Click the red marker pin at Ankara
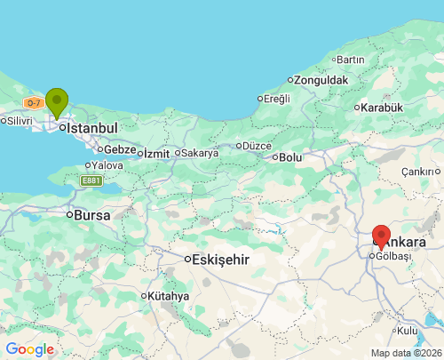click(x=382, y=237)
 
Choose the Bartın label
click(x=351, y=60)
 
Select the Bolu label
click(x=290, y=156)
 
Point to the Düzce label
click(x=257, y=145)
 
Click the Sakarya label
click(x=200, y=152)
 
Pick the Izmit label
click(x=156, y=153)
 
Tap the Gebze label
click(x=119, y=149)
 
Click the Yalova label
click(x=107, y=164)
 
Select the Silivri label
click(x=20, y=120)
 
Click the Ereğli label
click(x=276, y=98)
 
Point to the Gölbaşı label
click(x=393, y=256)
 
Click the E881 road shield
click(x=91, y=180)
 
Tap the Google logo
click(x=29, y=349)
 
